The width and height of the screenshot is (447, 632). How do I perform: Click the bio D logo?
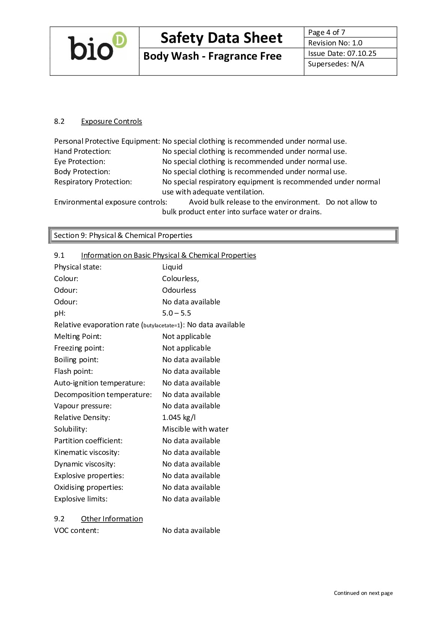click(x=97, y=47)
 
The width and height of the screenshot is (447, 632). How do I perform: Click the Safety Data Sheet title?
click(x=221, y=38)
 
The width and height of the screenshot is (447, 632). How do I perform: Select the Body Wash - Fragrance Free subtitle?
click(x=212, y=56)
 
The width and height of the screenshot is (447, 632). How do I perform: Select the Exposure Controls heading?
click(x=111, y=121)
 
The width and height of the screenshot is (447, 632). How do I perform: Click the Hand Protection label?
click(x=83, y=151)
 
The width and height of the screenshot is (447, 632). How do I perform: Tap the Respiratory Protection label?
click(x=93, y=182)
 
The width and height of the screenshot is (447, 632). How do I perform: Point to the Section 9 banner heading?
click(x=123, y=235)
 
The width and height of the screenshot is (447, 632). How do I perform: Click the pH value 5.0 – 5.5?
click(x=176, y=313)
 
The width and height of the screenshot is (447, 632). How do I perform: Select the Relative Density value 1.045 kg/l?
click(x=179, y=417)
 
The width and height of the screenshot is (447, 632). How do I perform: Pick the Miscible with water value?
click(x=195, y=429)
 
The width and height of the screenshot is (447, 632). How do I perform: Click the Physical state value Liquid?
click(x=172, y=267)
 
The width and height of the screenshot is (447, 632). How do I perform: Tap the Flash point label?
click(x=74, y=371)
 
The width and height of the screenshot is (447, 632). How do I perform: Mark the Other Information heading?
click(x=112, y=519)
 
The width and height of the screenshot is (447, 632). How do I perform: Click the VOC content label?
click(x=77, y=530)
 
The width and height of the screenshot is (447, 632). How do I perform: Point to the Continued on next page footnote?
click(x=363, y=593)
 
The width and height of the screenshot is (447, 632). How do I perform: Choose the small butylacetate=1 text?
click(x=162, y=325)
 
